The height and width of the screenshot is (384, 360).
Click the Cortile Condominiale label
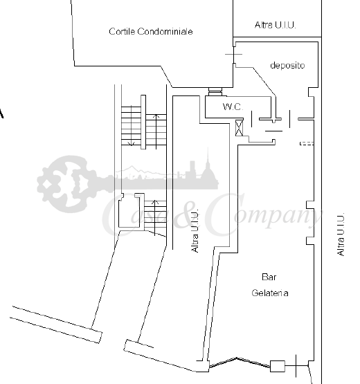[x=151, y=32]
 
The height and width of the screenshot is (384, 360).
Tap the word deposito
[x=287, y=66]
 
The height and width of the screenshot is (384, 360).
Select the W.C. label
[x=233, y=107]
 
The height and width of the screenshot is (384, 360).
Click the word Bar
[x=269, y=277]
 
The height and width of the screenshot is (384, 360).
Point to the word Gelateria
[x=270, y=293]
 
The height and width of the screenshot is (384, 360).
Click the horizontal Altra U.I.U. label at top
[x=276, y=25]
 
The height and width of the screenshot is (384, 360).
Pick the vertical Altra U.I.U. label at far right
[x=341, y=235]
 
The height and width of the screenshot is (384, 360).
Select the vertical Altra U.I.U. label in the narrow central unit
[x=195, y=230]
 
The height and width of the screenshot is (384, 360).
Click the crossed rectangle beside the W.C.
[x=239, y=127]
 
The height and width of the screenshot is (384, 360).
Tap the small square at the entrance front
[x=278, y=366]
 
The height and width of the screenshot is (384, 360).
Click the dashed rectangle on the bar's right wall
[x=307, y=143]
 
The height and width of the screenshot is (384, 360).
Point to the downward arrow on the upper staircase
[x=132, y=126]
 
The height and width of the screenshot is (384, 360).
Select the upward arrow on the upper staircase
[x=156, y=131]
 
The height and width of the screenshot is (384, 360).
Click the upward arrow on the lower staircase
[x=154, y=218]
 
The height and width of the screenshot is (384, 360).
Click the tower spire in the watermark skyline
[x=208, y=158]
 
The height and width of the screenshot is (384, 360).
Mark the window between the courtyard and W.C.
[x=215, y=91]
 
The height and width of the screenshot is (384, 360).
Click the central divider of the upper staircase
[x=143, y=122]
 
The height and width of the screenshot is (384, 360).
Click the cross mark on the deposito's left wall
[x=234, y=54]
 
